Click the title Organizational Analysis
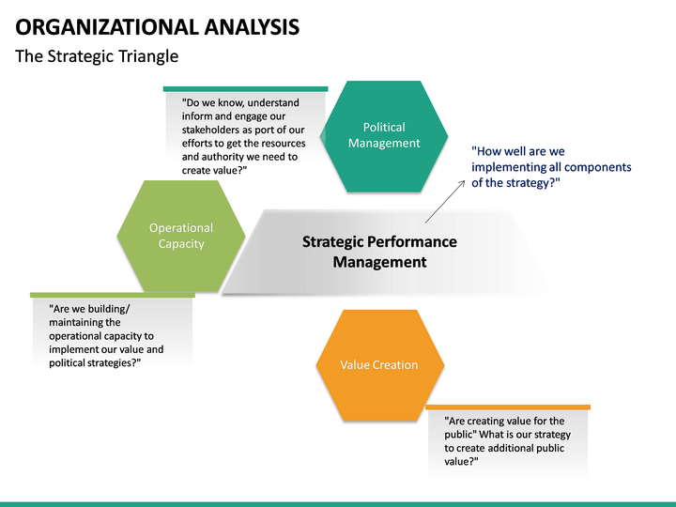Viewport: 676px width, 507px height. click(x=158, y=26)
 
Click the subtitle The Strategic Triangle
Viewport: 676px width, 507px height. click(x=97, y=56)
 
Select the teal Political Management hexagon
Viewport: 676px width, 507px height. click(x=383, y=135)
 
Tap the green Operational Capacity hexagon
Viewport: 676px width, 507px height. click(x=181, y=236)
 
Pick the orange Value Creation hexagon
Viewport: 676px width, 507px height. click(x=379, y=364)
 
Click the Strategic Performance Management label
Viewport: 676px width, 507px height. click(x=379, y=252)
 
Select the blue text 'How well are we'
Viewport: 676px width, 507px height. click(x=518, y=151)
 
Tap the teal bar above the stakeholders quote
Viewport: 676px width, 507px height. click(x=245, y=89)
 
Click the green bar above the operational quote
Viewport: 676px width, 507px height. click(x=112, y=295)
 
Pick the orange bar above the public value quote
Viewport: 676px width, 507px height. click(x=508, y=407)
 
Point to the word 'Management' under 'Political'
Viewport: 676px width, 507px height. click(x=384, y=144)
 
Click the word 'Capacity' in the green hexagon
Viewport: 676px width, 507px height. click(x=181, y=244)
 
